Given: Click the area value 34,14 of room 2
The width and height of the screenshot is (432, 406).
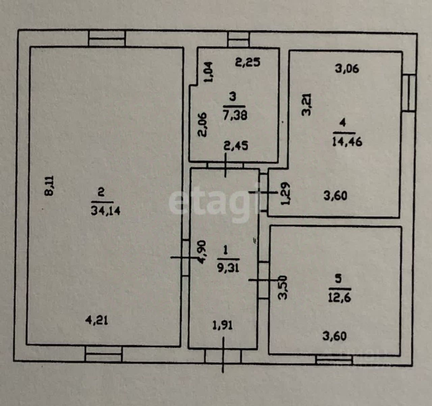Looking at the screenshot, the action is pyautogui.click(x=106, y=211).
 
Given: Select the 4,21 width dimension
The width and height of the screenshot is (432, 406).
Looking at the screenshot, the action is pyautogui.click(x=97, y=320).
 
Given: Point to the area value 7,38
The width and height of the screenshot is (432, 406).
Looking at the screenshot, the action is pyautogui.click(x=235, y=115).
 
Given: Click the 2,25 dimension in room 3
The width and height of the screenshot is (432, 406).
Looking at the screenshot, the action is pyautogui.click(x=248, y=62).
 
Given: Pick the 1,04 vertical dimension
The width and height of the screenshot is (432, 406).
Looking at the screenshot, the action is pyautogui.click(x=209, y=72).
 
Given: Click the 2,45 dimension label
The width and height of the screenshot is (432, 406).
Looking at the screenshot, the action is pyautogui.click(x=236, y=146).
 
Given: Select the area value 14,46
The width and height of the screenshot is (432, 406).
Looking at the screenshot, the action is pyautogui.click(x=347, y=141).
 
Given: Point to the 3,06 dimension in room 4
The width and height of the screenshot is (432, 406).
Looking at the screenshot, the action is pyautogui.click(x=347, y=69).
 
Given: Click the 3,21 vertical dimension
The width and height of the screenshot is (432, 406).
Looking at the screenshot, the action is pyautogui.click(x=306, y=105).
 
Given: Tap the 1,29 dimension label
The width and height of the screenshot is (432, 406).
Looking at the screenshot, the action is pyautogui.click(x=286, y=194).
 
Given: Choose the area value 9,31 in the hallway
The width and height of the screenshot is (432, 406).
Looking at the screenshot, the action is pyautogui.click(x=228, y=268).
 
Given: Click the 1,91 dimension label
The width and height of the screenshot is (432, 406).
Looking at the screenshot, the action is pyautogui.click(x=222, y=325).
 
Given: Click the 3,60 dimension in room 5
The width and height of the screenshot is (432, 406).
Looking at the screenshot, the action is pyautogui.click(x=334, y=336).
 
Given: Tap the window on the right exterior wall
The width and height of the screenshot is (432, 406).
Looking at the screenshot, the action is pyautogui.click(x=409, y=93).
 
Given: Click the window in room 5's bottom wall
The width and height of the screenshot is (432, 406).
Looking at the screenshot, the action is pyautogui.click(x=334, y=360).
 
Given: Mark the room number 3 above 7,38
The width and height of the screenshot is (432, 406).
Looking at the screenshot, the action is pyautogui.click(x=233, y=97).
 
